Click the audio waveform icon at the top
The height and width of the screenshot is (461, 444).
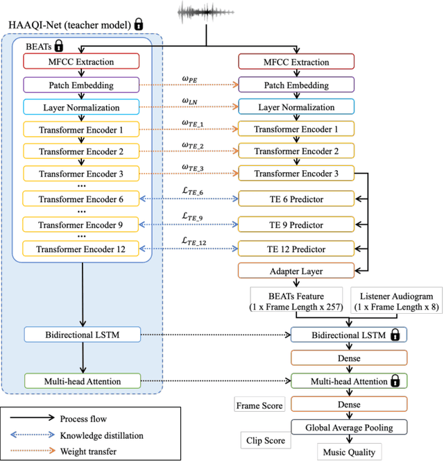(x=203, y=12)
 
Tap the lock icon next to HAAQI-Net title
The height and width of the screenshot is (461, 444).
(x=138, y=25)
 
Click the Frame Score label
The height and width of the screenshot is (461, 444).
(x=259, y=405)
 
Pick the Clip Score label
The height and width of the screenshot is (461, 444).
(x=264, y=440)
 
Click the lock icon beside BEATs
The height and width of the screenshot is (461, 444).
(x=60, y=47)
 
